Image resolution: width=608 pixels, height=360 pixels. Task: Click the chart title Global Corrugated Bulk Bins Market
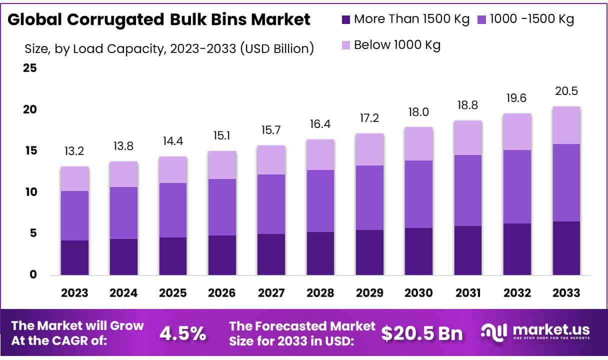pyautogui.click(x=159, y=19)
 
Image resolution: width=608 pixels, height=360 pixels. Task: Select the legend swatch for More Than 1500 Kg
pyautogui.click(x=345, y=19)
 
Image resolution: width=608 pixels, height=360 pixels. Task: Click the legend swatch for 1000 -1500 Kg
pyautogui.click(x=481, y=19)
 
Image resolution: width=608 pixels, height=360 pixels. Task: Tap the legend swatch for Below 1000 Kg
pyautogui.click(x=345, y=44)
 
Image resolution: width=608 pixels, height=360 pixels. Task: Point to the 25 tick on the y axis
pyautogui.click(x=30, y=68)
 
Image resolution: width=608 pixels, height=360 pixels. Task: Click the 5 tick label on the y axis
pyautogui.click(x=33, y=233)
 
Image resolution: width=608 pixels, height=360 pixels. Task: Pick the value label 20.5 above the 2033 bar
pyautogui.click(x=566, y=91)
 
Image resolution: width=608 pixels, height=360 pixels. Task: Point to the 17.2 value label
pyautogui.click(x=369, y=119)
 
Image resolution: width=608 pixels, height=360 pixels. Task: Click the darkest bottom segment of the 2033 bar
pyautogui.click(x=566, y=248)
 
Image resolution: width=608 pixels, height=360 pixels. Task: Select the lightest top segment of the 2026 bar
pyautogui.click(x=222, y=165)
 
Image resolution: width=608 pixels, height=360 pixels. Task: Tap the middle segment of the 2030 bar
pyautogui.click(x=418, y=194)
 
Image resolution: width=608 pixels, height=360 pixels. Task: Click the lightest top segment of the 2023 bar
pyautogui.click(x=75, y=178)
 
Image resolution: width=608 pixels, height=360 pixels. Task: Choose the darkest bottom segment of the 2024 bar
pyautogui.click(x=124, y=256)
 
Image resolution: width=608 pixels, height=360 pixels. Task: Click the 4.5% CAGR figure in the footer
pyautogui.click(x=182, y=333)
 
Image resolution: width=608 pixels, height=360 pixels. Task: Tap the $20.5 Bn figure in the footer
pyautogui.click(x=421, y=333)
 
